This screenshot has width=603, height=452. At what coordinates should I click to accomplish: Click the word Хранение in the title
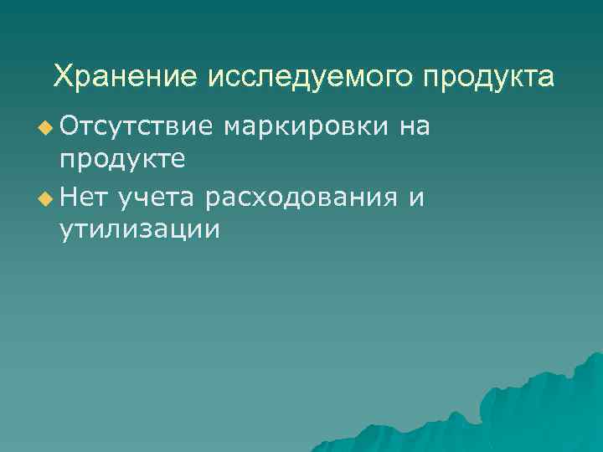coord(124,77)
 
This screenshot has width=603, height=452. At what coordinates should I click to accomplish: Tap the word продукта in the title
coord(488,78)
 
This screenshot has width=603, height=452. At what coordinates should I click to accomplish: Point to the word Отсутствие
coord(136,126)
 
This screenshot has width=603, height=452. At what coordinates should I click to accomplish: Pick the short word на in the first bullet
coord(415,127)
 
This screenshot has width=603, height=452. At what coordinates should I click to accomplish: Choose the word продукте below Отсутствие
coord(123,158)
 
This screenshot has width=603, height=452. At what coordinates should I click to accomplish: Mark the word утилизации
coord(140,229)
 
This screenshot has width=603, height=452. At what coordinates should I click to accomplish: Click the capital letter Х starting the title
coord(63,77)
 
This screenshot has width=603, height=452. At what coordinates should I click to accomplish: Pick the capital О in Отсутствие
coord(70,126)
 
